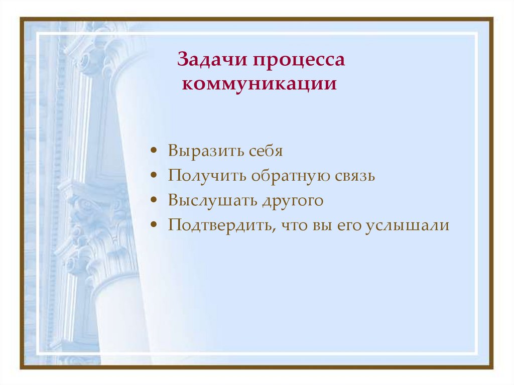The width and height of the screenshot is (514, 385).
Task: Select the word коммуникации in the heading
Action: coord(259,83)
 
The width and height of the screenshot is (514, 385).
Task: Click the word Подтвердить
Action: coord(219,225)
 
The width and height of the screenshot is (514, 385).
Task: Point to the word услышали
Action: coord(407,225)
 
